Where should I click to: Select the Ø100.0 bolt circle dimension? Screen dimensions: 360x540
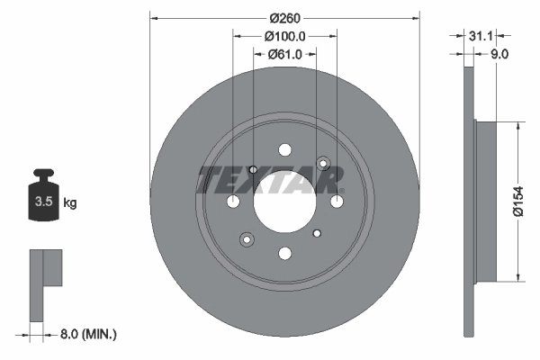click(285, 36)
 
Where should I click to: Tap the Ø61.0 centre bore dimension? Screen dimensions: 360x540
click(285, 55)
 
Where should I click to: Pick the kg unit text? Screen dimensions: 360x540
click(70, 203)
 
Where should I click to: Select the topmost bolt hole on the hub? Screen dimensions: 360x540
click(284, 149)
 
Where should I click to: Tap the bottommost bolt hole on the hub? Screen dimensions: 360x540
click(284, 253)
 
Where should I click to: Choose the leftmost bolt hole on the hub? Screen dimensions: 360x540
click(233, 201)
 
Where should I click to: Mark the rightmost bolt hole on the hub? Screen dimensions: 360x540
click(336, 201)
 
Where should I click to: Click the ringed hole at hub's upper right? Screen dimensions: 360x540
click(324, 163)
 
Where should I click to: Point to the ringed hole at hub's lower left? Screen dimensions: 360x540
click(246, 239)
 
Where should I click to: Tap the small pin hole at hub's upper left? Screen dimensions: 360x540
click(253, 170)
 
